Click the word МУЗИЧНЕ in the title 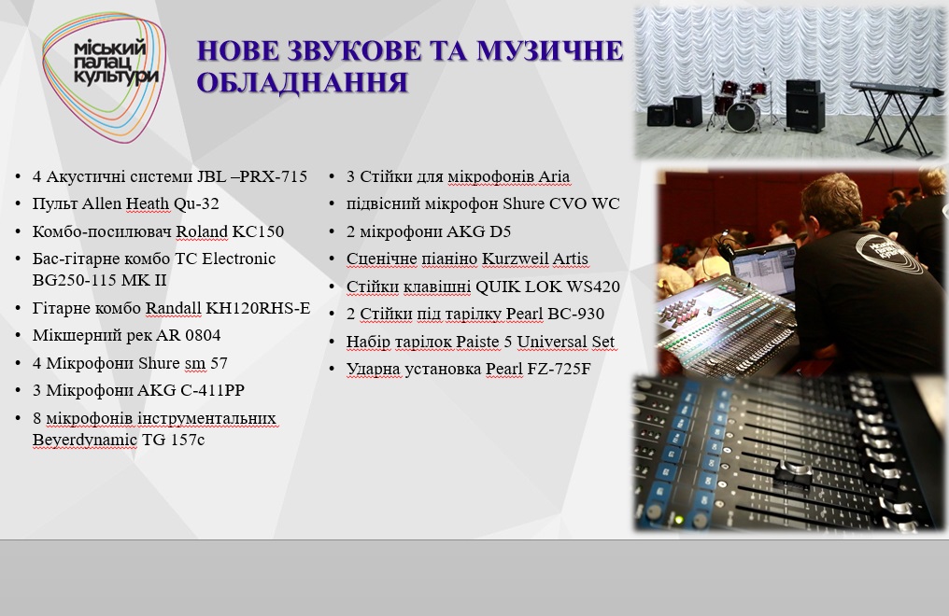click(549, 50)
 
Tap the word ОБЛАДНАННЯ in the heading click(302, 83)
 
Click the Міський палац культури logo click(104, 77)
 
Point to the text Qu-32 click(196, 204)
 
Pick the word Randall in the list click(173, 308)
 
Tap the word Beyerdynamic click(85, 440)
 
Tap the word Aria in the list click(554, 176)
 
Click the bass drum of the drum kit click(742, 116)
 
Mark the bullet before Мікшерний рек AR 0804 click(18, 335)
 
